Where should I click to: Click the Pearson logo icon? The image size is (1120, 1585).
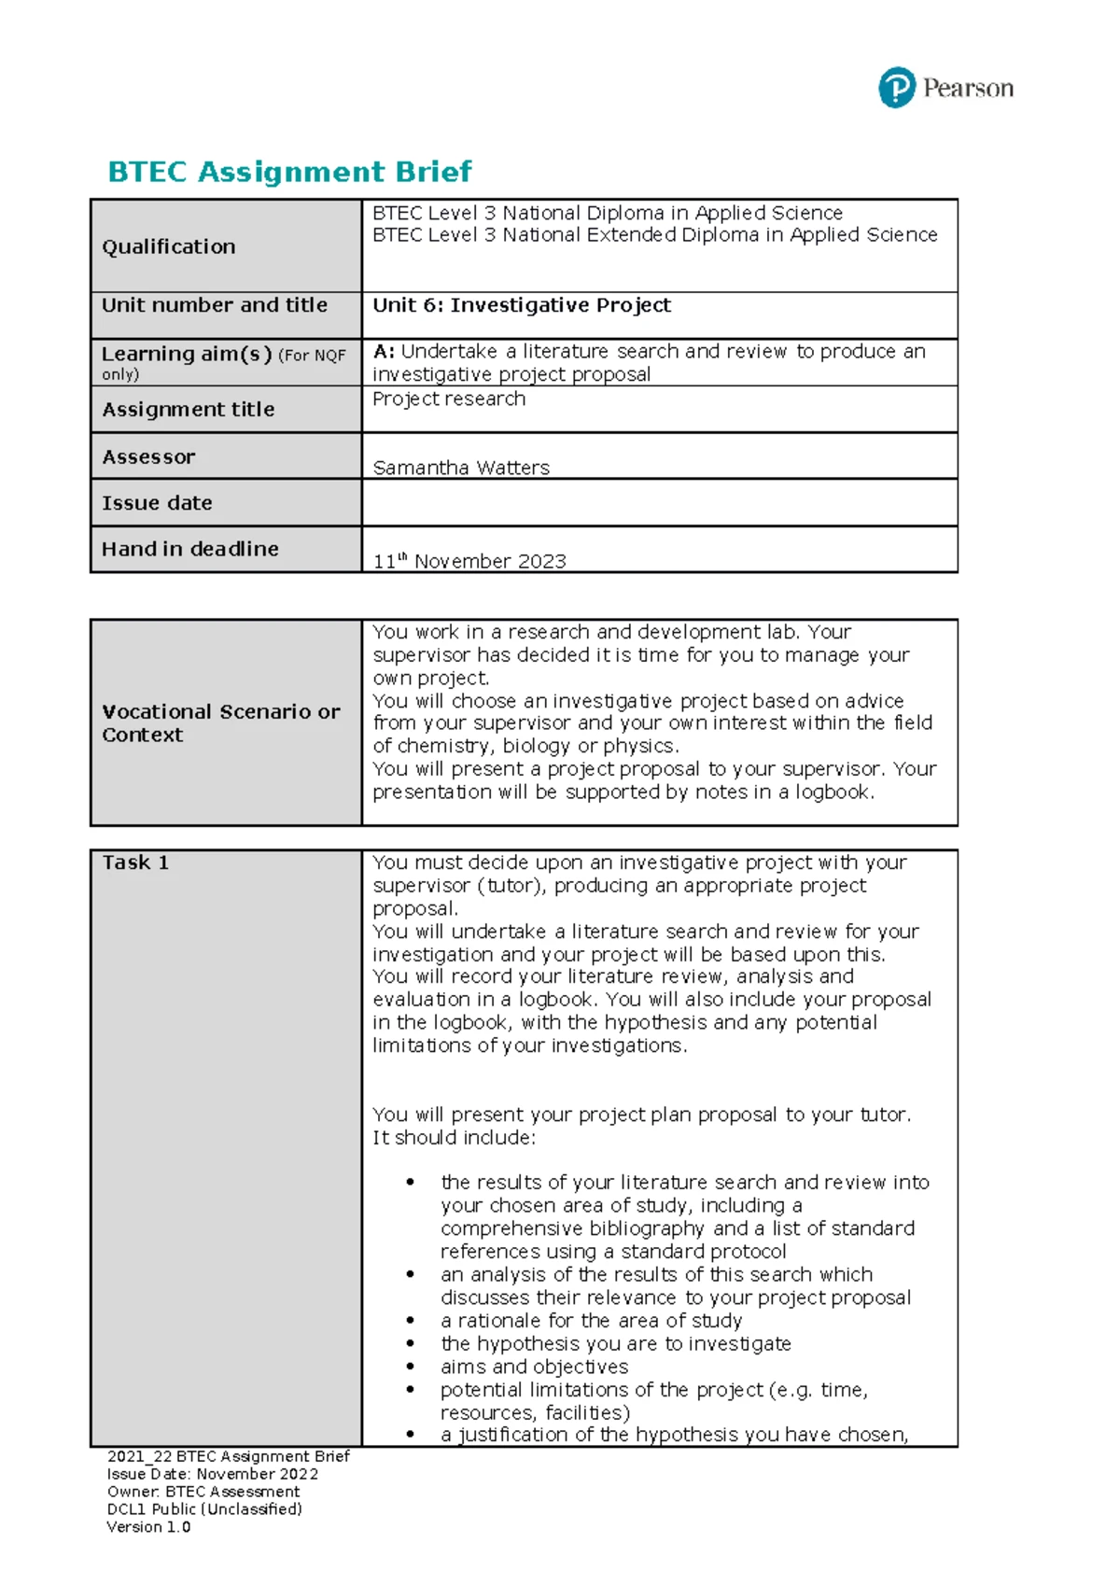[896, 88]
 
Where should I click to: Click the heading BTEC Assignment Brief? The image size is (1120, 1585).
[289, 172]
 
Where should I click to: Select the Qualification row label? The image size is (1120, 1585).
[169, 246]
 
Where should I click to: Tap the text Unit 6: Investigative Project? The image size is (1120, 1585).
[522, 305]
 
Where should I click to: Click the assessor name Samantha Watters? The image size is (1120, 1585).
[461, 468]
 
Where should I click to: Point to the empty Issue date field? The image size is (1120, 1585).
[658, 503]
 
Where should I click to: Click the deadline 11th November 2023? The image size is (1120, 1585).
[469, 561]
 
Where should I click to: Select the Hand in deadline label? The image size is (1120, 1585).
[190, 549]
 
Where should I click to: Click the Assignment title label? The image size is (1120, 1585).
[189, 409]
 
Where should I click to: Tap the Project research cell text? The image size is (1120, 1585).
[449, 399]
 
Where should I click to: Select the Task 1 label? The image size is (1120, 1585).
[135, 863]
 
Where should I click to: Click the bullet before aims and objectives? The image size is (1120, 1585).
[410, 1367]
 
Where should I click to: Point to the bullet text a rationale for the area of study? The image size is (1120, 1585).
[591, 1321]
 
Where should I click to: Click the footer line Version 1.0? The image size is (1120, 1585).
[148, 1527]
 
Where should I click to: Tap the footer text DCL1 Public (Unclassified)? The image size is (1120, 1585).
[204, 1509]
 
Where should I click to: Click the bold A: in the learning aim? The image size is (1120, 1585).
[384, 352]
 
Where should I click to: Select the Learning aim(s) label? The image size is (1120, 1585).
[187, 354]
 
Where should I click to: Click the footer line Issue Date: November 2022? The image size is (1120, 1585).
[213, 1474]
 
